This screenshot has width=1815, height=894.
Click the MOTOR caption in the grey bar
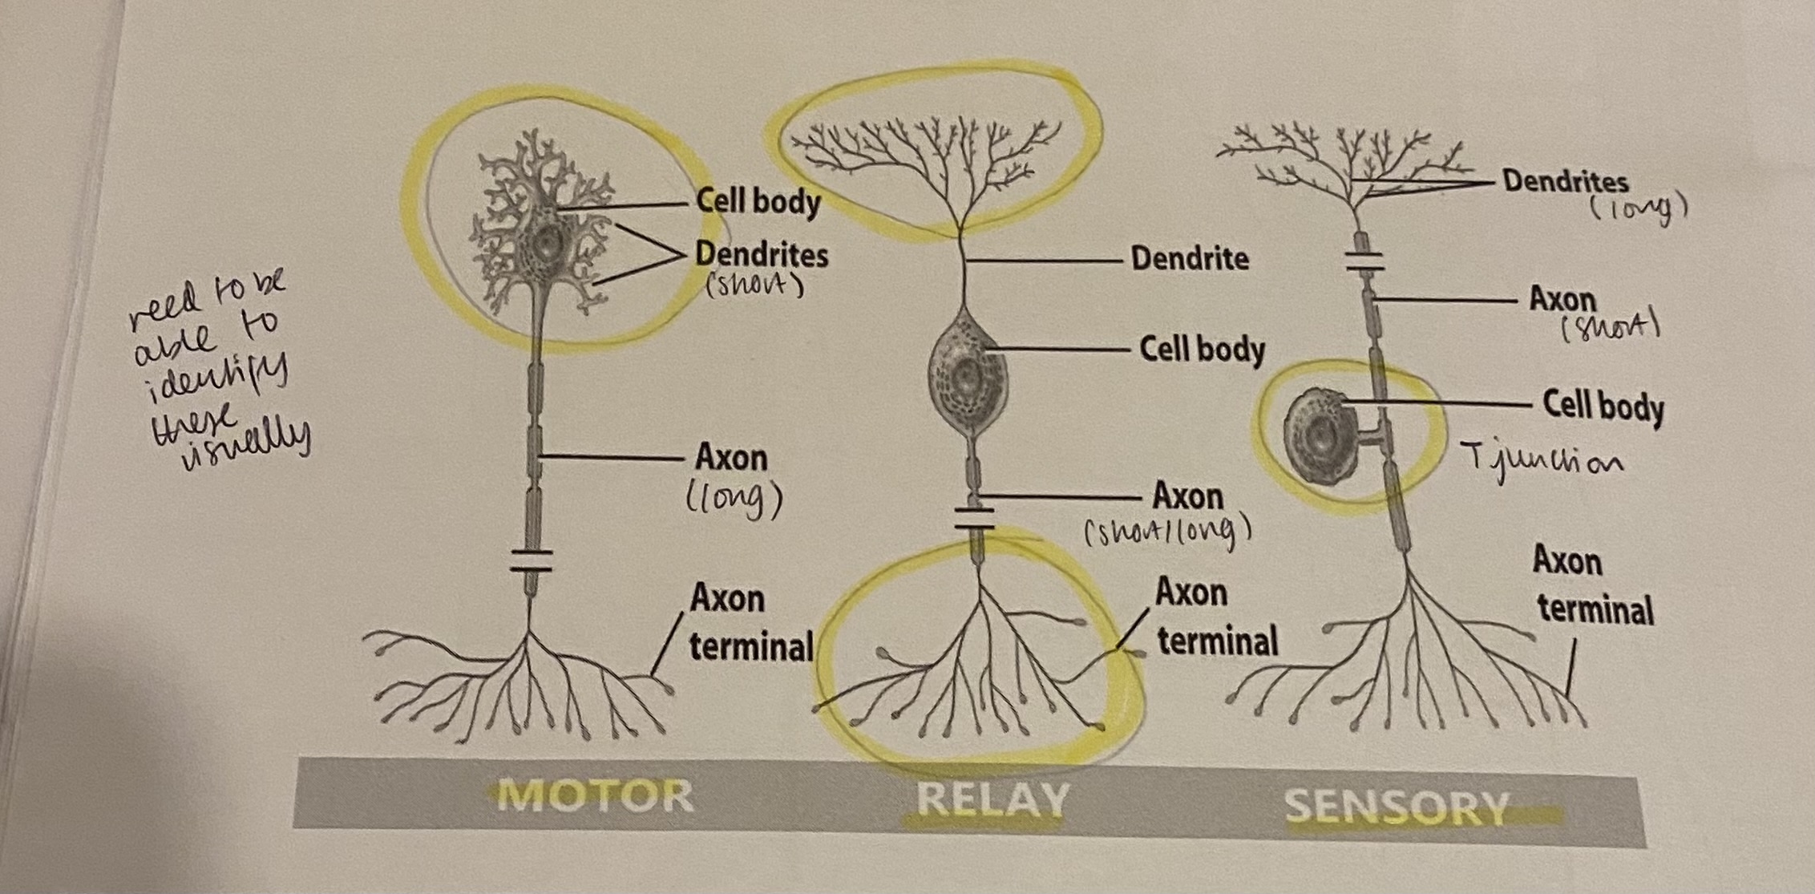tap(595, 796)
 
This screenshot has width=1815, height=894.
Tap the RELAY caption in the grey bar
tap(992, 799)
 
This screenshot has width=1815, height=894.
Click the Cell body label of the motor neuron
tap(758, 200)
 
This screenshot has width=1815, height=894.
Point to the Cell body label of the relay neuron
tap(1202, 350)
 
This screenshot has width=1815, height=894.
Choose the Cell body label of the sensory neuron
tap(1603, 406)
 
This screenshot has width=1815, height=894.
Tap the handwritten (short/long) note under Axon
tap(1167, 531)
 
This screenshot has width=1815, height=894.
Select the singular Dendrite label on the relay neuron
tap(1190, 258)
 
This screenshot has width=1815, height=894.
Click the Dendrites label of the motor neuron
tap(762, 255)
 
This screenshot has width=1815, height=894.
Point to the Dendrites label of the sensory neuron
tap(1565, 181)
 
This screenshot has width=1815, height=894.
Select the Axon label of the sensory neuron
tap(1562, 300)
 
